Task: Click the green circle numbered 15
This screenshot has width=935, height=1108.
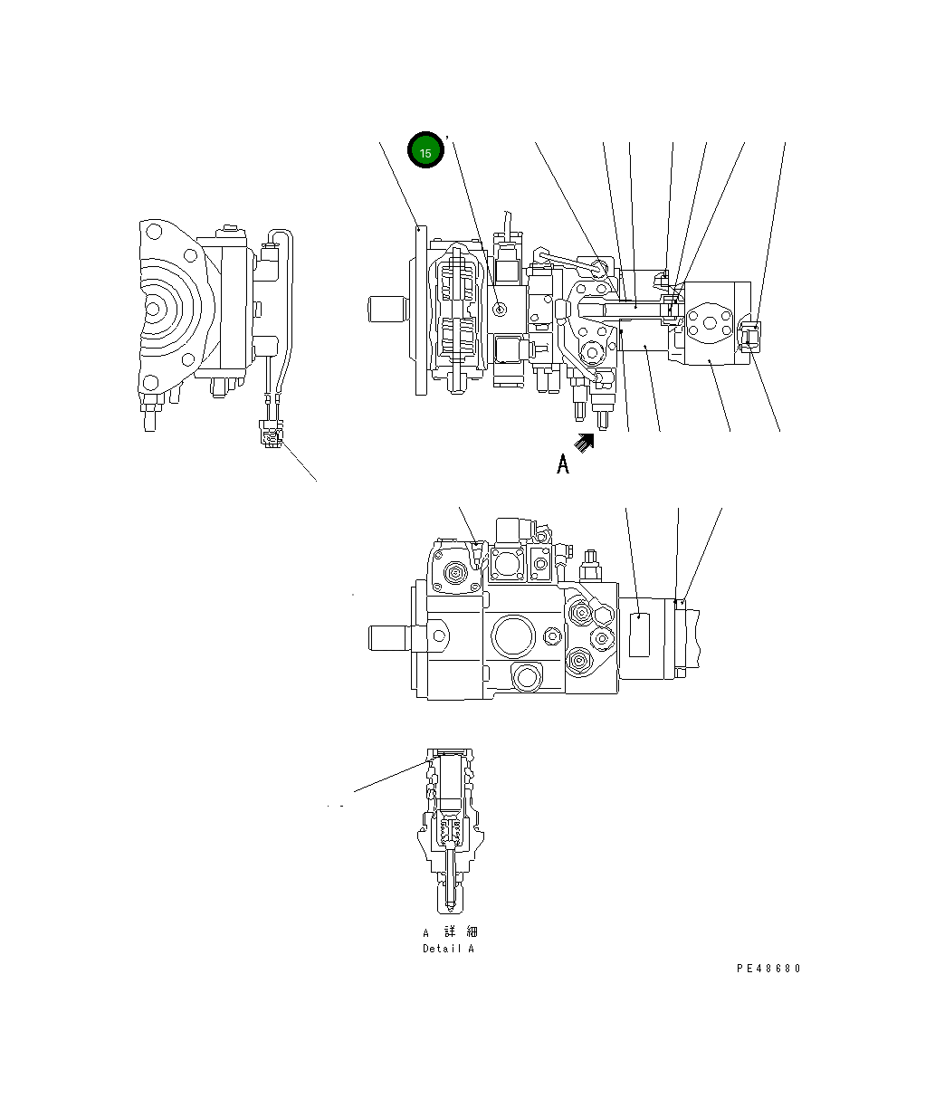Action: click(425, 151)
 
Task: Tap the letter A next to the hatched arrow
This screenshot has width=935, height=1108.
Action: click(563, 465)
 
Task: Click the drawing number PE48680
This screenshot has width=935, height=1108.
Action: click(768, 969)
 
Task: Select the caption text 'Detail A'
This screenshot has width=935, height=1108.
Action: click(448, 949)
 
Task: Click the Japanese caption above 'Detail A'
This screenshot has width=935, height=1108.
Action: click(449, 932)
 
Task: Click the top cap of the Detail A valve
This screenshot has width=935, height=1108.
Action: click(448, 753)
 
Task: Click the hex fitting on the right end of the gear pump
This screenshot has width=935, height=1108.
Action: click(749, 334)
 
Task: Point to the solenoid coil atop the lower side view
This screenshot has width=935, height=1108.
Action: click(511, 531)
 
